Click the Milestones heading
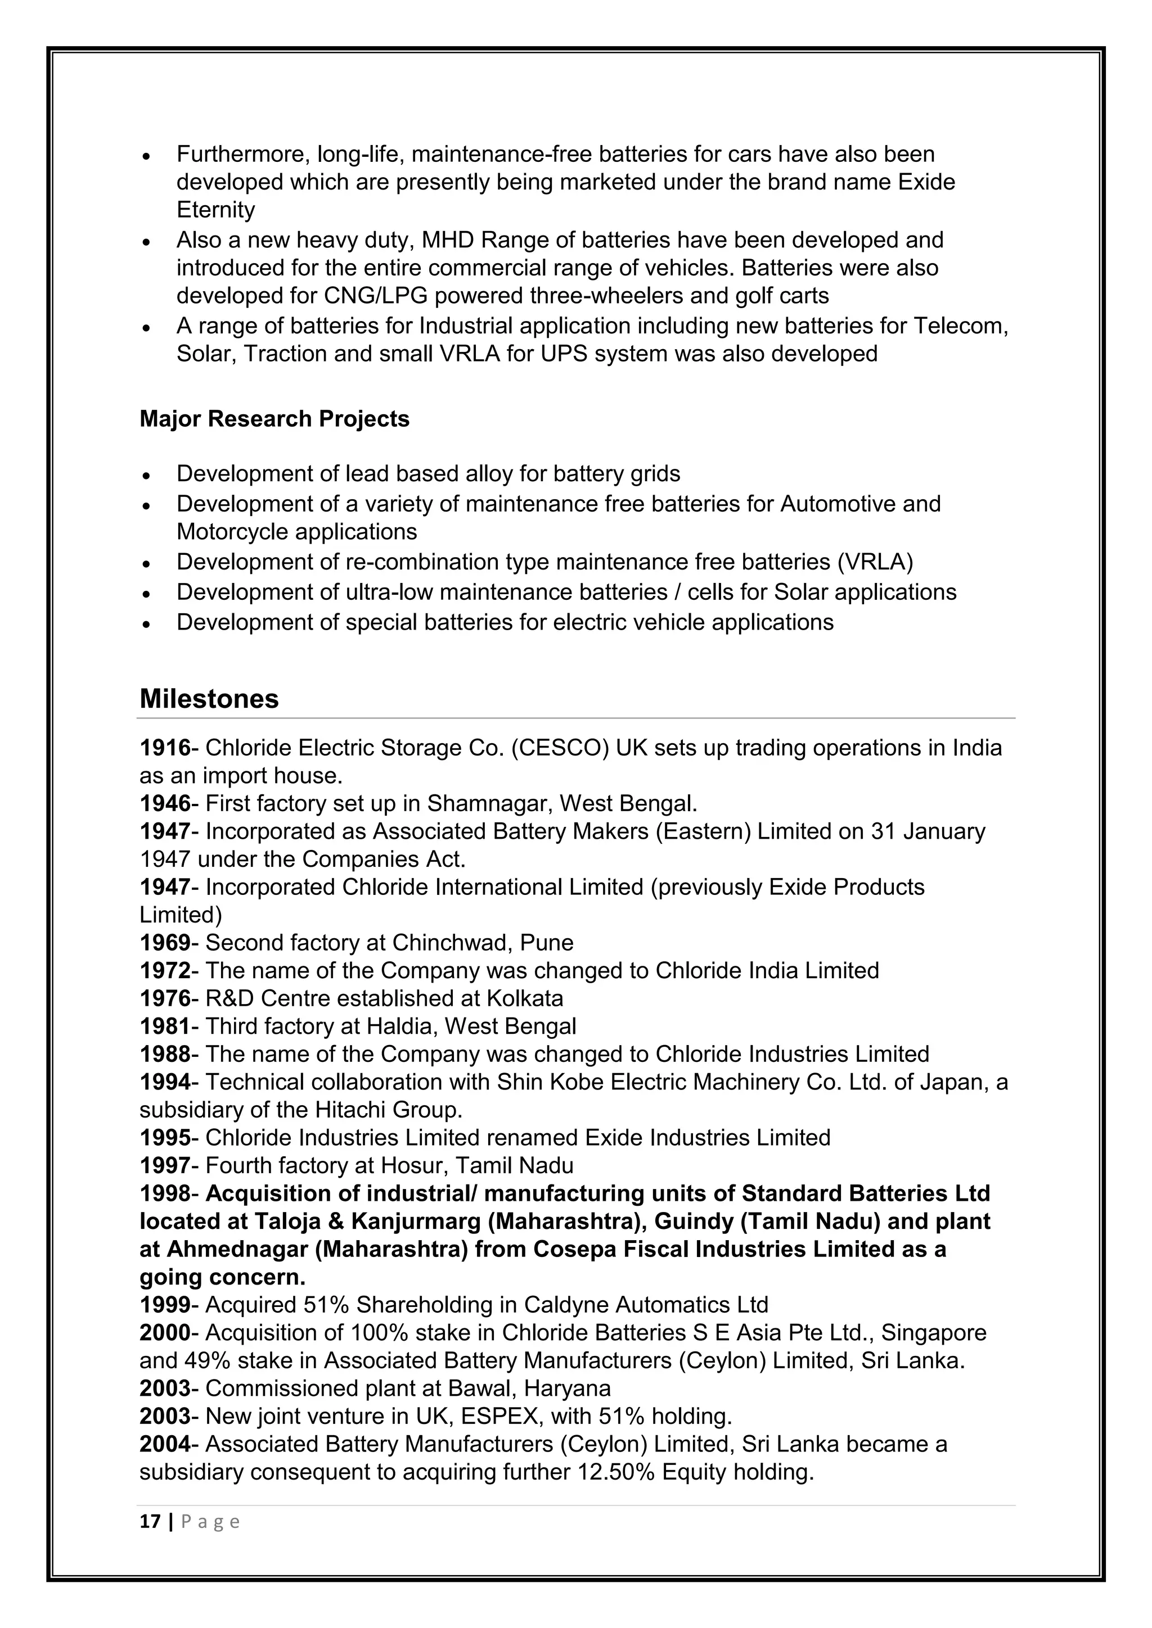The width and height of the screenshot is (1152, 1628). coord(209,699)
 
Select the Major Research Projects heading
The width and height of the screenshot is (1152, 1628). coord(274,419)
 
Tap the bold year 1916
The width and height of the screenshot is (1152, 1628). coord(165,748)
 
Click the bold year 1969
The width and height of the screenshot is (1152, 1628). coord(165,943)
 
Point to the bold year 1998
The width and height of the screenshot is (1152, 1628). coord(165,1194)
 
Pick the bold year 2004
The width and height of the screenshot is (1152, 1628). coord(165,1444)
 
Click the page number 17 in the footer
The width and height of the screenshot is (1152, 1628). coord(150,1522)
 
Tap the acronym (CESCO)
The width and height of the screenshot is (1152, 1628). coord(559,748)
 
